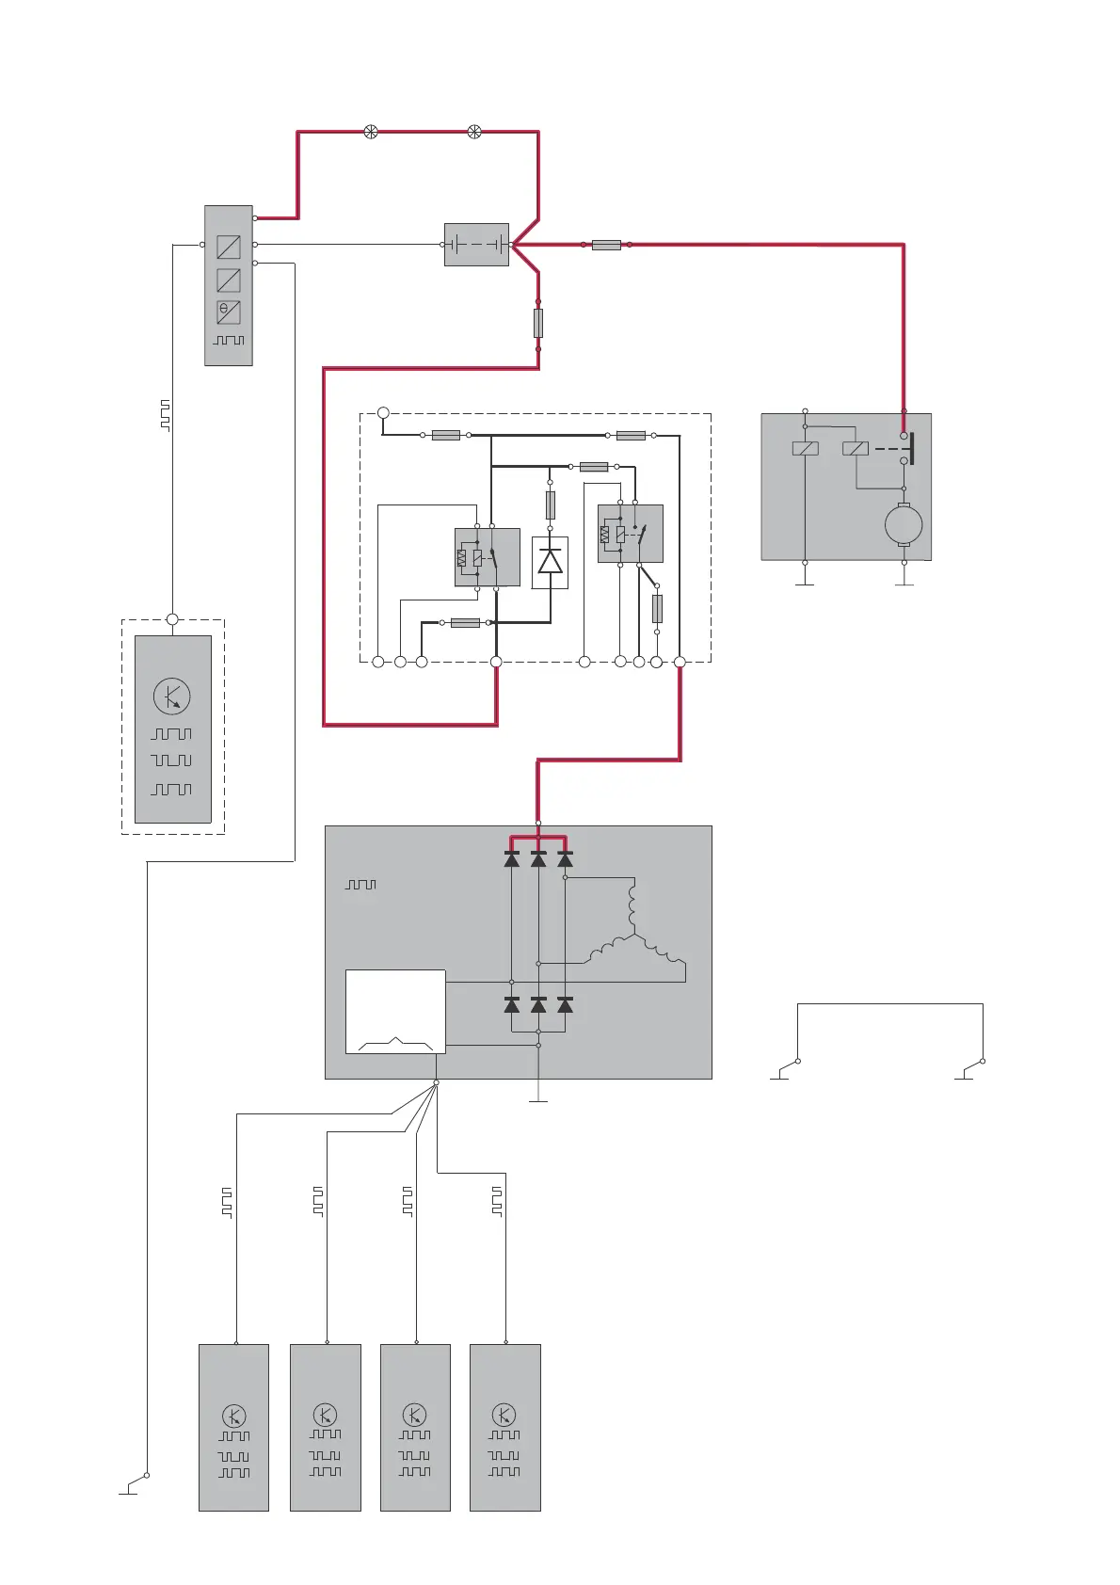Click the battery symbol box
[x=476, y=245]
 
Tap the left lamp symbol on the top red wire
[x=371, y=132]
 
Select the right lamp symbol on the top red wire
[x=474, y=132]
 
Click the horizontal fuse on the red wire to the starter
[x=606, y=245]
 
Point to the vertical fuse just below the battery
[x=538, y=323]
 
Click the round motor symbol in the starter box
[x=904, y=524]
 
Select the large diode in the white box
[x=550, y=562]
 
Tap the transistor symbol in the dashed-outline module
[x=172, y=696]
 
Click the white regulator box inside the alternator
[x=395, y=1012]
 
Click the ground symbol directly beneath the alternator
[x=538, y=1098]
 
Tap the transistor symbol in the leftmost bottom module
[x=234, y=1416]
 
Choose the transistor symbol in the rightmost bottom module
[x=504, y=1415]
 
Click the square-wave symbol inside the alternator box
[x=360, y=885]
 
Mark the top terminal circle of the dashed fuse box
[x=383, y=413]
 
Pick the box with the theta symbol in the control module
[x=229, y=312]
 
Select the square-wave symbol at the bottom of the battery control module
[x=229, y=340]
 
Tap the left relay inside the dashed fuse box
[x=488, y=557]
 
